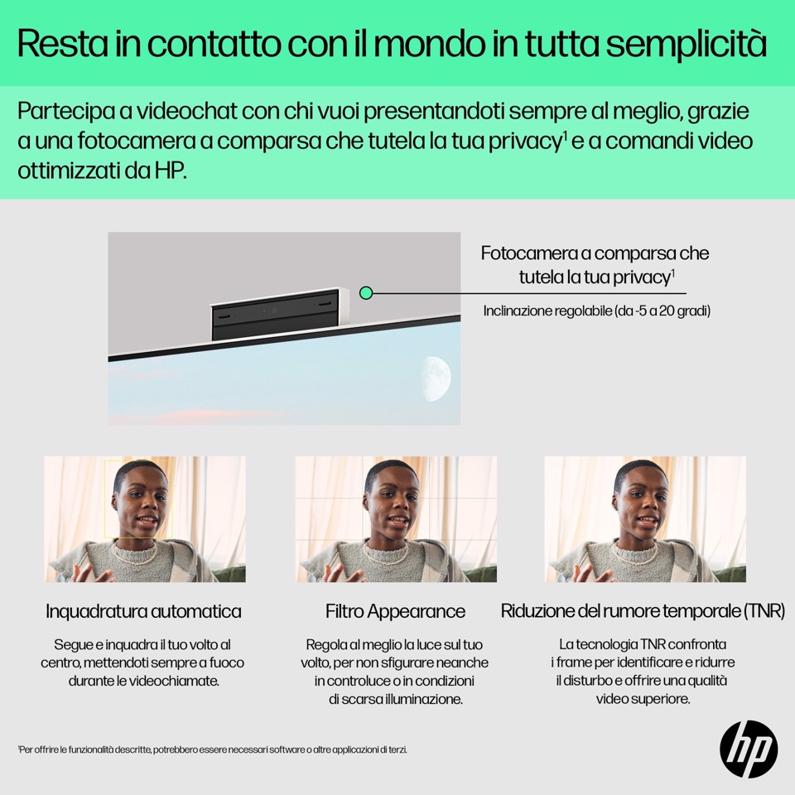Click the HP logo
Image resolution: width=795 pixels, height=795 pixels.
click(x=749, y=749)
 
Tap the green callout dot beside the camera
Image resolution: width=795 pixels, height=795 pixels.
click(x=367, y=292)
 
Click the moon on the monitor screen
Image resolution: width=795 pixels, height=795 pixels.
click(x=436, y=378)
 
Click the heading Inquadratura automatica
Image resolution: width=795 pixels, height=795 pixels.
click(x=144, y=612)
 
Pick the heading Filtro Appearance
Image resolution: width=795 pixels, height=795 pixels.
click(x=395, y=612)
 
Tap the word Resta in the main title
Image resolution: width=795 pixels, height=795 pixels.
click(x=57, y=44)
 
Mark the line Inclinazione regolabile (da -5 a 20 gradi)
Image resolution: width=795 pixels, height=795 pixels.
click(x=597, y=311)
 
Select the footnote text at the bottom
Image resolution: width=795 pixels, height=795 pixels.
click(x=213, y=749)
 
